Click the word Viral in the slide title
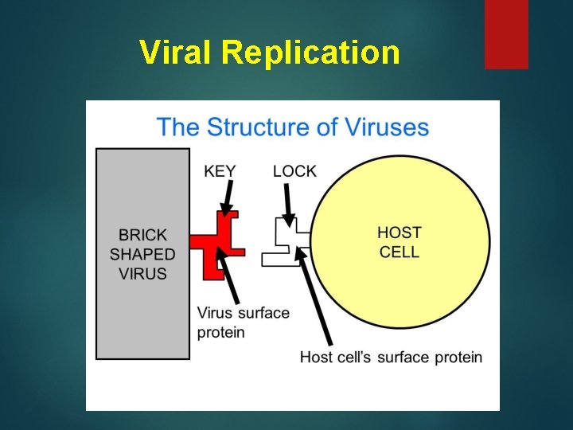(177, 53)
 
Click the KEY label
(220, 170)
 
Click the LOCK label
(294, 170)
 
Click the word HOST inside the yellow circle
(399, 233)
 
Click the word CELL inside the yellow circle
(399, 252)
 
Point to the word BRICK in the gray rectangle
(143, 235)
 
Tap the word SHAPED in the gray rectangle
(143, 254)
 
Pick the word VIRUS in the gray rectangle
(143, 273)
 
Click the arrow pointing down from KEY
(227, 196)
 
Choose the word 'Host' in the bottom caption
(317, 357)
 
